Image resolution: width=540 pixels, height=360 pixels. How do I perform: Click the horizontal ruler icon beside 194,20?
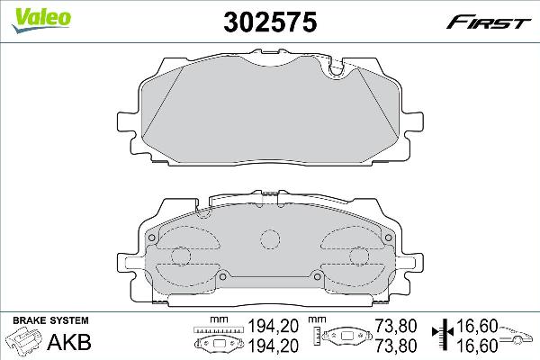(215, 328)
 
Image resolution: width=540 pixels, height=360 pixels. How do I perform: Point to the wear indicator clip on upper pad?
(339, 68)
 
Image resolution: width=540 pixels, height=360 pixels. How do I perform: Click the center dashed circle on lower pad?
(269, 240)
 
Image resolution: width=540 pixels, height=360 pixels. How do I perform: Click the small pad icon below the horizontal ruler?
(215, 344)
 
